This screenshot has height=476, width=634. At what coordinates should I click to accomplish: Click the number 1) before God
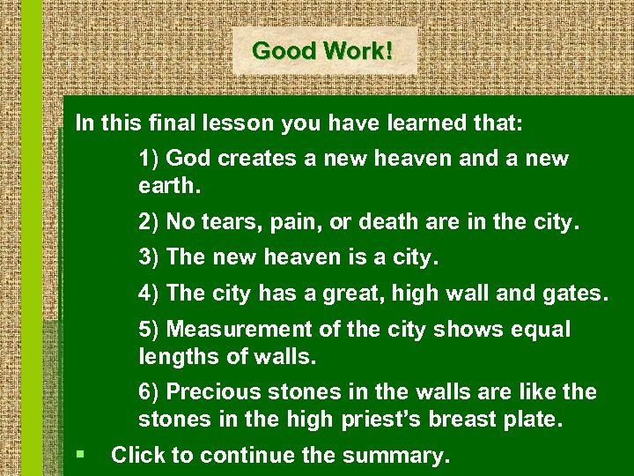point(149,160)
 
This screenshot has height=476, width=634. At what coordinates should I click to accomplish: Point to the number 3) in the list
point(149,258)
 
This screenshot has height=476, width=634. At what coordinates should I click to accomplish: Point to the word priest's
point(381,420)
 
